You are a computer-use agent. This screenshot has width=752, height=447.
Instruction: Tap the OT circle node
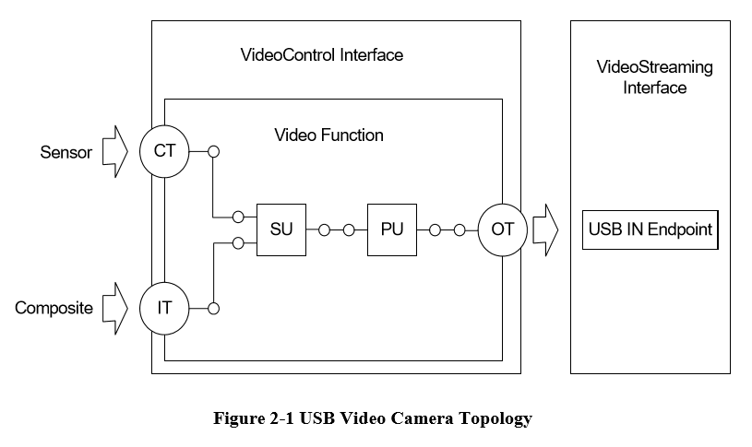click(x=502, y=229)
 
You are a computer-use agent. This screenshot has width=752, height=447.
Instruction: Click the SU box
click(x=281, y=229)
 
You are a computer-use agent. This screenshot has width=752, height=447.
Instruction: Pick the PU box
click(x=392, y=229)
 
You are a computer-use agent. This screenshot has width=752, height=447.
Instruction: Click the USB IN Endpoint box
click(x=651, y=229)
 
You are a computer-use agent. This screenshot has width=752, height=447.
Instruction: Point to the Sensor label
click(x=66, y=153)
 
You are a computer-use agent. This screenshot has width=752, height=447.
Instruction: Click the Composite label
click(x=54, y=308)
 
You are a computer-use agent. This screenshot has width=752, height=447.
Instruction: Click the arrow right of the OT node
click(x=546, y=229)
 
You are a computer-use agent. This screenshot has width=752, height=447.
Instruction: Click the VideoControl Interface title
click(x=321, y=55)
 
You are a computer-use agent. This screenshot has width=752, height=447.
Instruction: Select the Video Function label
click(x=328, y=135)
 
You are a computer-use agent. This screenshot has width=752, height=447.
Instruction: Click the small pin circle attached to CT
click(x=213, y=152)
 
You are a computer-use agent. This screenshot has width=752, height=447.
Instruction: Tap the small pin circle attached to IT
click(x=213, y=307)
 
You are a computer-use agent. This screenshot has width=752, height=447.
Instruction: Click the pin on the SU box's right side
click(x=323, y=229)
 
